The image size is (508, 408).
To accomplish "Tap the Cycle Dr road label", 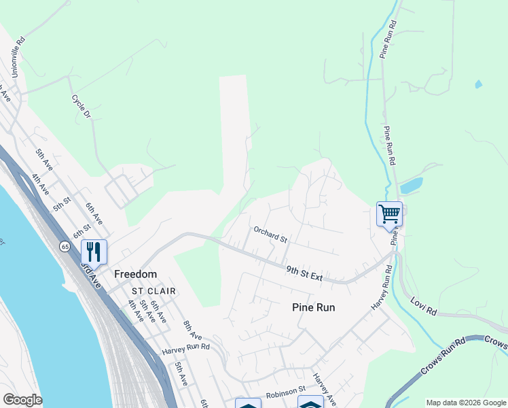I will pyautogui.click(x=81, y=107).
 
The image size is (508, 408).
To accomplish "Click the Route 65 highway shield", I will pyautogui.click(x=65, y=245).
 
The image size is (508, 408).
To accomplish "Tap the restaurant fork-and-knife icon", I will pyautogui.click(x=94, y=252).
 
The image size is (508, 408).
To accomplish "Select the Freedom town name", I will pyautogui.click(x=135, y=274).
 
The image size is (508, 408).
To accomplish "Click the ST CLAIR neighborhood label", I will pyautogui.click(x=153, y=291).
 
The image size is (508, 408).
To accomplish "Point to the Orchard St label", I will pyautogui.click(x=271, y=235).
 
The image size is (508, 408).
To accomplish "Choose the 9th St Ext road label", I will pyautogui.click(x=303, y=273).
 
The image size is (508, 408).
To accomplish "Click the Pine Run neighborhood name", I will pyautogui.click(x=314, y=307).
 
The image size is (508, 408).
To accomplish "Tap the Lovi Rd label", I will pyautogui.click(x=423, y=305).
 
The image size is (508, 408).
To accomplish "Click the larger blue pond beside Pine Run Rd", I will pyautogui.click(x=412, y=186).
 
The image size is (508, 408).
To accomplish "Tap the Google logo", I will pyautogui.click(x=22, y=400).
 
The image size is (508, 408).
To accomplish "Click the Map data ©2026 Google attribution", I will pyautogui.click(x=466, y=403).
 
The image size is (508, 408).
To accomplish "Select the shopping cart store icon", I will pyautogui.click(x=389, y=214).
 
